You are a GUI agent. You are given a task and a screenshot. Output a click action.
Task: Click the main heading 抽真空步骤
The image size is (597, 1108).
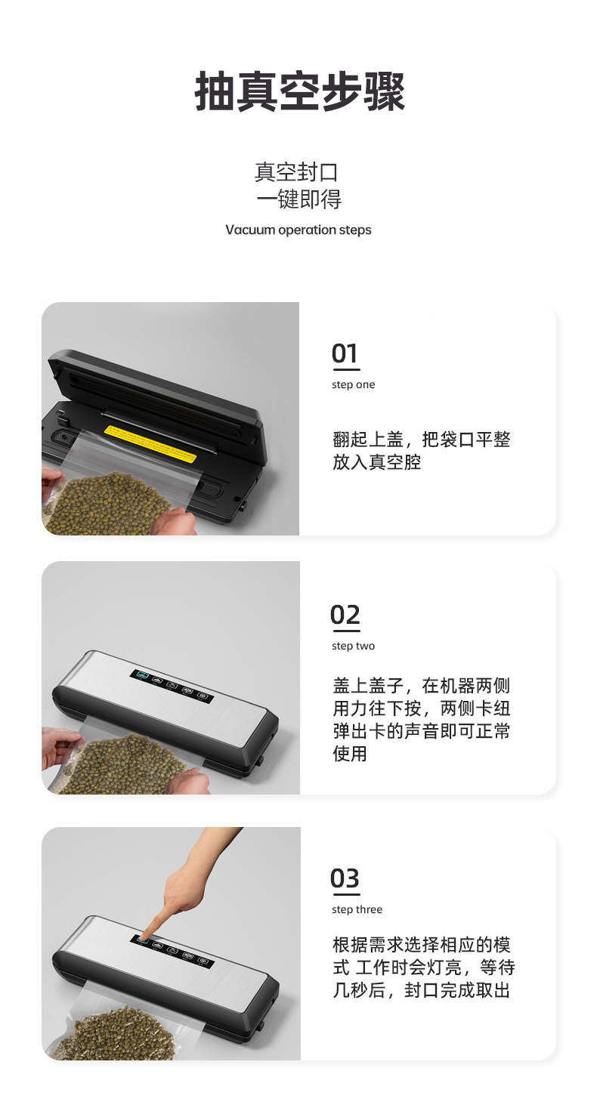pos(300,92)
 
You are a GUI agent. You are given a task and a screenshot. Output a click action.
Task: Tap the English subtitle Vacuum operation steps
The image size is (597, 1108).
pos(298,230)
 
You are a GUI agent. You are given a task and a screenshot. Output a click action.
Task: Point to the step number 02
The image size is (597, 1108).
pos(345,615)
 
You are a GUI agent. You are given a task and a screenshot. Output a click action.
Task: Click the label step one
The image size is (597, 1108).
pos(353,385)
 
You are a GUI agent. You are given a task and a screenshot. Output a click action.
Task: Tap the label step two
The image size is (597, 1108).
pos(353,646)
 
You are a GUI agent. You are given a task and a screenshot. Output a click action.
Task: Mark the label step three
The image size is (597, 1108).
pos(357,909)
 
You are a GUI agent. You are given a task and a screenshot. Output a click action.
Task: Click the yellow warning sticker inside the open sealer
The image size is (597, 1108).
pos(151,444)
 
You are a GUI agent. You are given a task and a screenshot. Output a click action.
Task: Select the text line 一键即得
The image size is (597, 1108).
pos(298,199)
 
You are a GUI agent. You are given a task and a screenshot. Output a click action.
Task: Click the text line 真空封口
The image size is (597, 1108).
pos(296,172)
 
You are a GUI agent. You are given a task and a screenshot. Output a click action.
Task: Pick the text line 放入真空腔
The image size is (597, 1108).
pos(377,462)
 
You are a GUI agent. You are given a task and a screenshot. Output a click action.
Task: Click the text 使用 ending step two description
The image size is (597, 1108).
pos(349,753)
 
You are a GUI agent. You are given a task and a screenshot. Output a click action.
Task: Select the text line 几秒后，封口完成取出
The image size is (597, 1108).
pos(422,990)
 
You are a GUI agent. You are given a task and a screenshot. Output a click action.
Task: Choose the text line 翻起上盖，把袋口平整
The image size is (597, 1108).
pos(422,440)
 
